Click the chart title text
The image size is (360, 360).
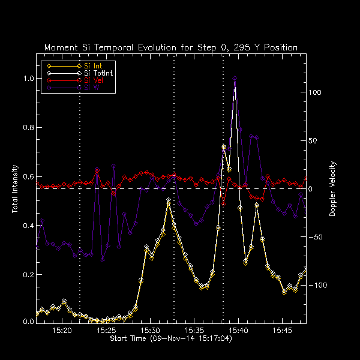(170, 47)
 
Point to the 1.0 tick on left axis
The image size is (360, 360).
(26, 79)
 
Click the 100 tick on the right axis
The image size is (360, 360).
(316, 92)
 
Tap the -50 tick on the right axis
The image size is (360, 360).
(316, 237)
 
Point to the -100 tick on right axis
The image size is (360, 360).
(317, 285)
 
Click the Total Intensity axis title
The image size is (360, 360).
(14, 189)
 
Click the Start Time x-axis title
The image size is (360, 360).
(170, 339)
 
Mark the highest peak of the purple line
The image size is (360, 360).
(234, 78)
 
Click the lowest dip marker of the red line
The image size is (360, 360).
(223, 203)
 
